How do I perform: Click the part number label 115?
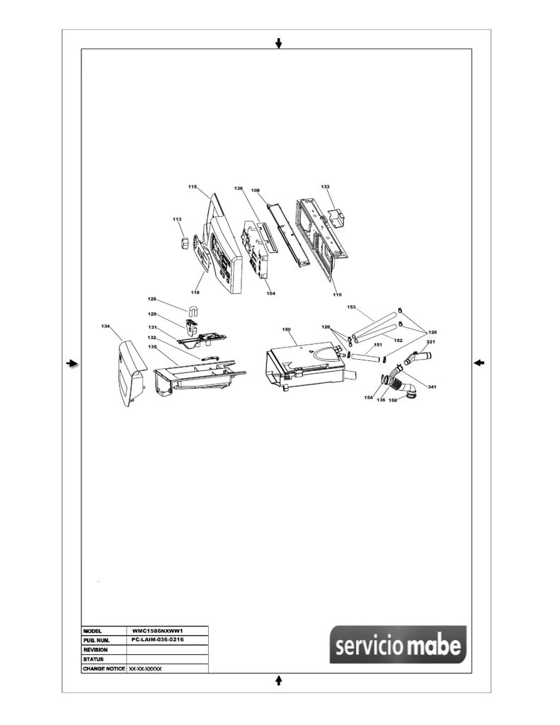[x=193, y=187]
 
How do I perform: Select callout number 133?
[x=325, y=187]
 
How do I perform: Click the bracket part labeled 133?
[x=338, y=217]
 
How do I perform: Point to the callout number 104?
[x=271, y=293]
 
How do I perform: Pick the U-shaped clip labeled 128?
[x=193, y=312]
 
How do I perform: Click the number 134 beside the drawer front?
[x=105, y=326]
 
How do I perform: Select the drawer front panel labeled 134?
[x=131, y=373]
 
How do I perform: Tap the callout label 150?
[x=286, y=330]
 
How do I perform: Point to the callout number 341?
[x=431, y=387]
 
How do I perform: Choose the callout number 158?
[x=393, y=400]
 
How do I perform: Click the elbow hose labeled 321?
[x=418, y=358]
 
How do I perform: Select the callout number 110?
[x=337, y=295]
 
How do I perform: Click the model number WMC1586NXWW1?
[x=158, y=631]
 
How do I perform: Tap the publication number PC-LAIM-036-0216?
[x=158, y=639]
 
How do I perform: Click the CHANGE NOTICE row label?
[x=104, y=668]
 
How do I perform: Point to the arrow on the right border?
[x=479, y=363]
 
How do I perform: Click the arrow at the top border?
[x=278, y=43]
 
